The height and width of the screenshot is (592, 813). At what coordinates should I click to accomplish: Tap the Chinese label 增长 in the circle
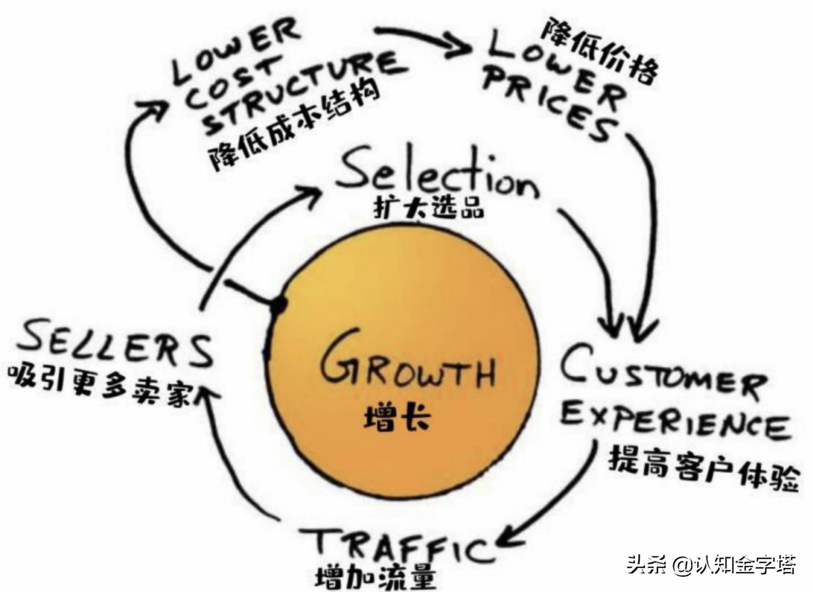[397, 418]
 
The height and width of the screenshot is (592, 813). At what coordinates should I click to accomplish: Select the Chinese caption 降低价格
[600, 53]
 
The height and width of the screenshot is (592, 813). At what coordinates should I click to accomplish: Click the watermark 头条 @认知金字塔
[711, 565]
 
